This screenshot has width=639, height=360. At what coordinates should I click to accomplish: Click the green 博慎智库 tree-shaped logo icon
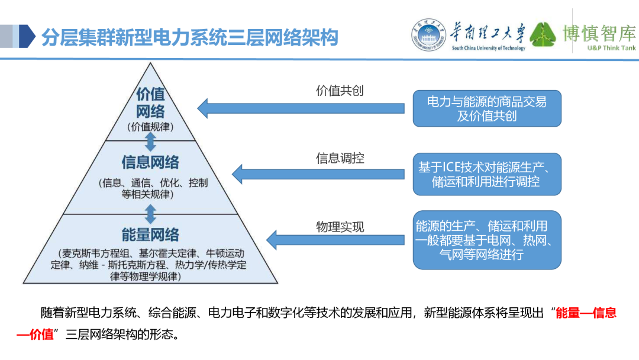543,35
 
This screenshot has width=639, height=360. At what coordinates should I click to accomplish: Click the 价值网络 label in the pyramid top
150,102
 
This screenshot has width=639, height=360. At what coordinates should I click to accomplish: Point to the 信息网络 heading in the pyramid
150,162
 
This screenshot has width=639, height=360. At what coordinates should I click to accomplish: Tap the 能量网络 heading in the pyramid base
150,234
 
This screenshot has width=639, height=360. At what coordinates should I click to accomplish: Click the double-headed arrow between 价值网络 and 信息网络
150,141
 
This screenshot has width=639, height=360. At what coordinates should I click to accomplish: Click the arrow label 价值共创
340,91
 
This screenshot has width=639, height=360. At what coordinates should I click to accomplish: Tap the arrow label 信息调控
340,158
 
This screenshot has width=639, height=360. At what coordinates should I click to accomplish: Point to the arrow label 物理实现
340,227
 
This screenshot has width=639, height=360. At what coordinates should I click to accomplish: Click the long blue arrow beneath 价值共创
301,108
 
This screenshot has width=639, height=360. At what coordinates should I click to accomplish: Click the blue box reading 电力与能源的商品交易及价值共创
486,108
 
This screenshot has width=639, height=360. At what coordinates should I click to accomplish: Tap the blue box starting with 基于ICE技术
486,174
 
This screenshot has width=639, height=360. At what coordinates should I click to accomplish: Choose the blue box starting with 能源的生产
486,240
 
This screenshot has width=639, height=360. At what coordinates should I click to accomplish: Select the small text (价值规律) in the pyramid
150,127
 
